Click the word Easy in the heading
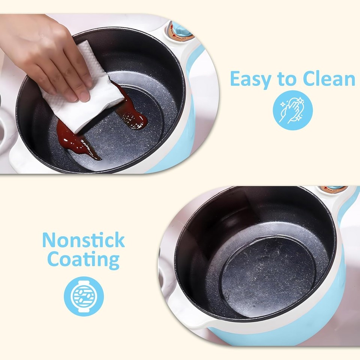[249, 79]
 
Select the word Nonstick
[83, 240]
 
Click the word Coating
[83, 259]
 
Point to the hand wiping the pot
[45, 52]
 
